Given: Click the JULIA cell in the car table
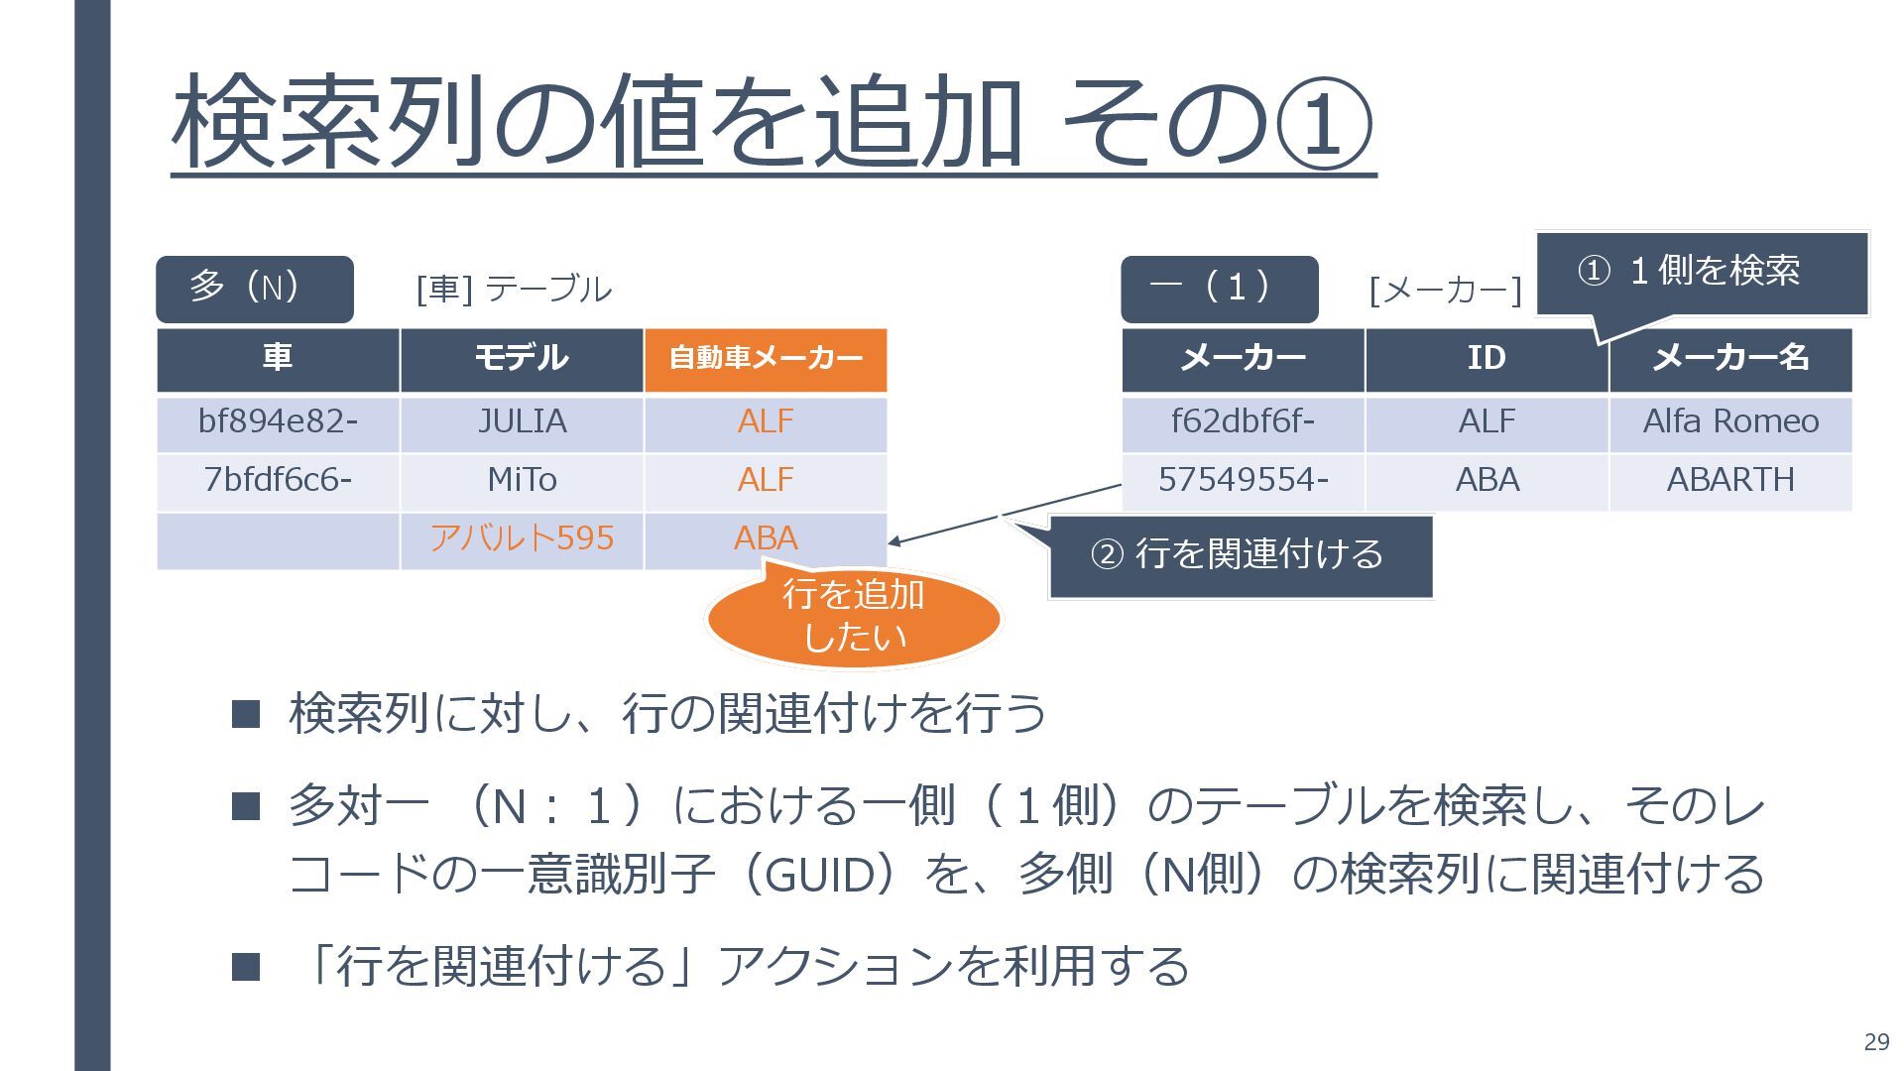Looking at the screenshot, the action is point(522,422).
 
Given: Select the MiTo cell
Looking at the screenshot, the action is point(522,481).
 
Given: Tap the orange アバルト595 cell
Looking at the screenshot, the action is point(522,538).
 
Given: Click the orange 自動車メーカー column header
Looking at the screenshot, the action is point(766,358).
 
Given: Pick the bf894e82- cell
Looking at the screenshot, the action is point(278,422).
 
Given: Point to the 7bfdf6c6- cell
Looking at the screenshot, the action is point(278,481).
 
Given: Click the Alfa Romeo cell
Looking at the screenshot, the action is point(1730,422).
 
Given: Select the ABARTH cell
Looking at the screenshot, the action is point(1730,481).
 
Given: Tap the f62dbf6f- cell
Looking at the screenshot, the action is point(1243,422).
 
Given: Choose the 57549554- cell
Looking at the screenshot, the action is point(1243,481).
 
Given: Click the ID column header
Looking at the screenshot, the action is point(1487,358).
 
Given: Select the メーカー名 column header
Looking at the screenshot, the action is point(1730,358).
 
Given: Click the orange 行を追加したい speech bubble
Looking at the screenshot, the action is point(854,617).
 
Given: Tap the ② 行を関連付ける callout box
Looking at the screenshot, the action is point(1240,555).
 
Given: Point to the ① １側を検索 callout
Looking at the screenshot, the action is point(1702,272).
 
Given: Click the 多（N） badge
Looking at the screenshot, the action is point(254,289).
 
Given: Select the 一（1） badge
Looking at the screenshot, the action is point(1219,289).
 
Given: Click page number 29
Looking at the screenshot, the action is point(1876,1041).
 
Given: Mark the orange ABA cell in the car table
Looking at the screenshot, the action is point(766,538).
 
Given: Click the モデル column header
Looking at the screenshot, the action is point(522,358).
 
